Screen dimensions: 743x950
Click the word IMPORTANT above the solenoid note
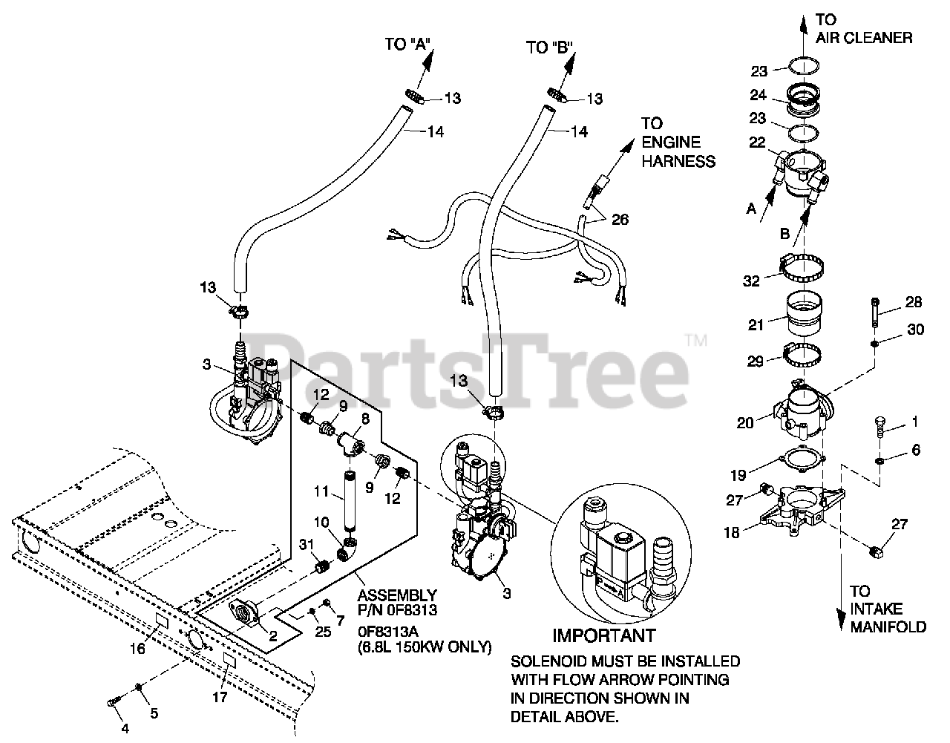[x=604, y=635]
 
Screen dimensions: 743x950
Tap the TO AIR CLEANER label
[x=863, y=28]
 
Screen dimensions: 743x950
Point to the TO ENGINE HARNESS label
[x=678, y=142]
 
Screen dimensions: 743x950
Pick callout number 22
[x=756, y=145]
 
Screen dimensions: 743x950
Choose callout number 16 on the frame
[x=137, y=649]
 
